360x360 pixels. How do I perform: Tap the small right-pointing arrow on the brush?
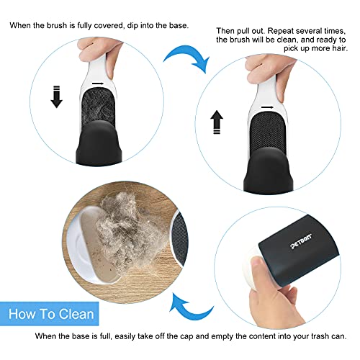tap(268, 107)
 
